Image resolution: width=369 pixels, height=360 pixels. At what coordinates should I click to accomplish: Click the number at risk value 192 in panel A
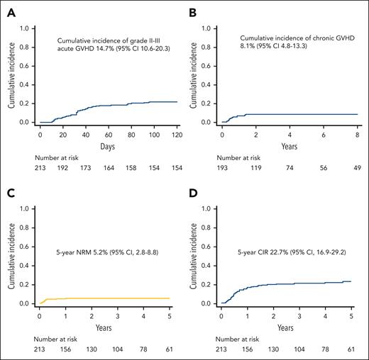pos(63,171)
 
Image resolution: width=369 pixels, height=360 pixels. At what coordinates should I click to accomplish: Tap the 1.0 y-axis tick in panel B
pos(211,28)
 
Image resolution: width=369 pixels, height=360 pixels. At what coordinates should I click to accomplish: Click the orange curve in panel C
pos(106,298)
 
